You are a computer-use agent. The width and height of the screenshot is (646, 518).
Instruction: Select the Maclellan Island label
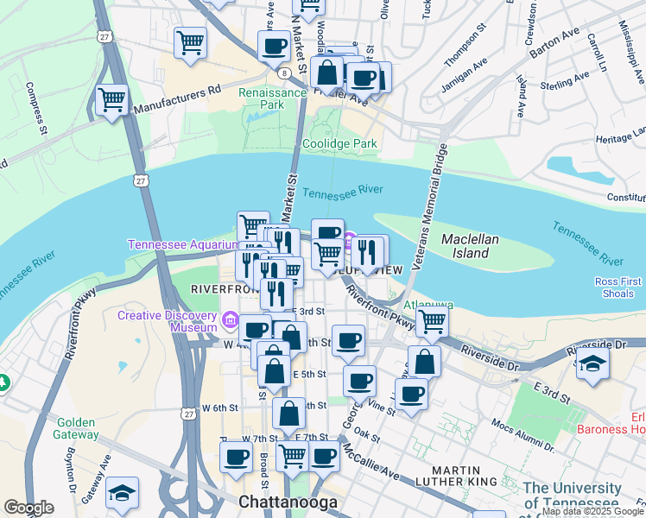[465, 245]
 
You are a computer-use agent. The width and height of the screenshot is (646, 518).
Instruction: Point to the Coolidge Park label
[339, 144]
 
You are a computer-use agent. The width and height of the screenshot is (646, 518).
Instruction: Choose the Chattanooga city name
[285, 502]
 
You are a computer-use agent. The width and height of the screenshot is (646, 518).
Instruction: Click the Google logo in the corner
[28, 508]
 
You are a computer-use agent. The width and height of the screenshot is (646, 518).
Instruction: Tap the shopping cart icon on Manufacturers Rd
[112, 100]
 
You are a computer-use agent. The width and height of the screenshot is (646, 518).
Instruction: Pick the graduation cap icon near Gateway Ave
[122, 493]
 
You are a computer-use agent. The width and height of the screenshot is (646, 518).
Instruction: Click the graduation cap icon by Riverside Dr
[593, 363]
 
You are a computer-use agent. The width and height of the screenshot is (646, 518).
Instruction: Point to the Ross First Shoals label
[619, 287]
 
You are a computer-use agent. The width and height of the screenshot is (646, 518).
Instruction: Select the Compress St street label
[37, 108]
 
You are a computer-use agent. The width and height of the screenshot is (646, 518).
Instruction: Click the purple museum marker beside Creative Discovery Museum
[231, 321]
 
